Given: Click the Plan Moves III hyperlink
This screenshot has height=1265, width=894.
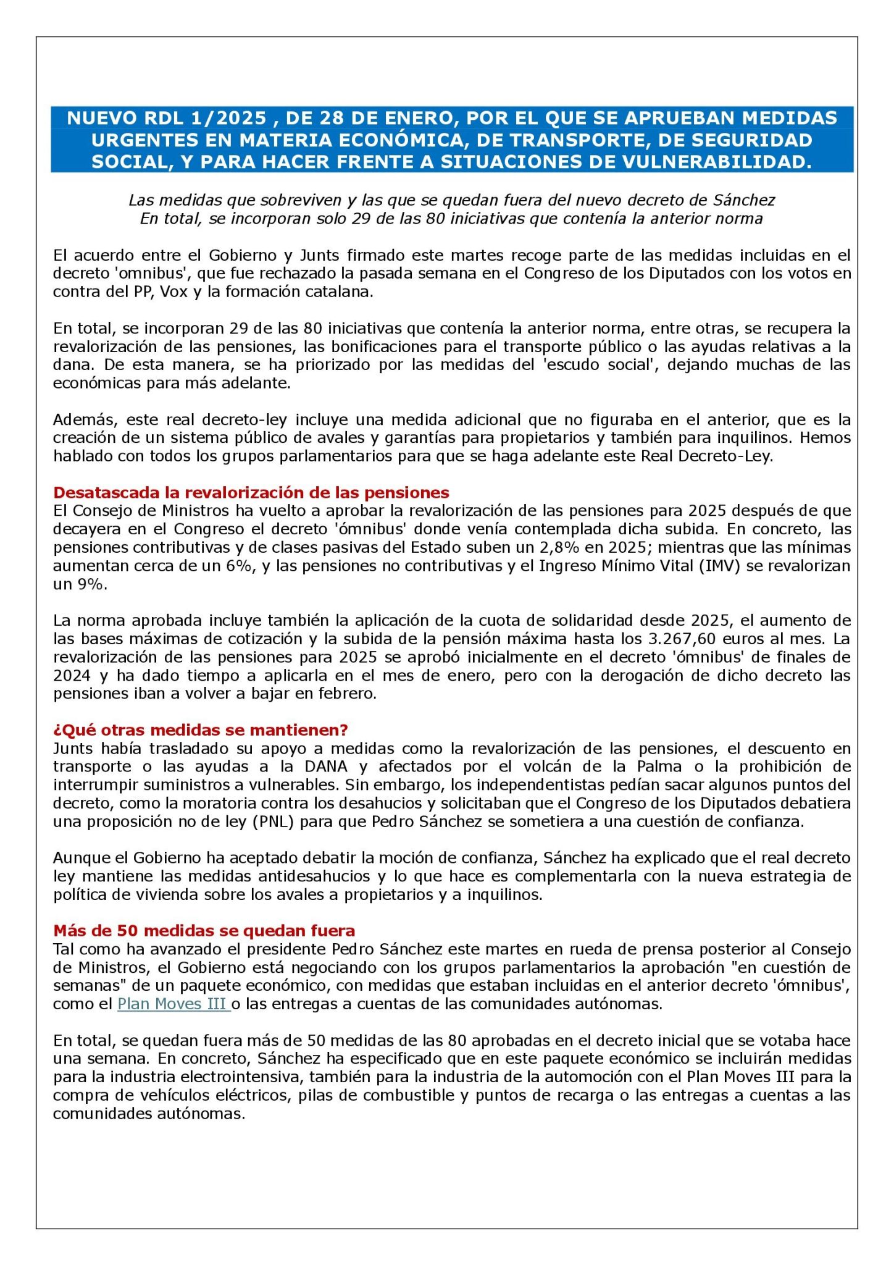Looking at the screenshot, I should click(173, 1004).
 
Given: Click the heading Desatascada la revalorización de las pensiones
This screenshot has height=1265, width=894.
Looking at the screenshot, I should click(251, 492).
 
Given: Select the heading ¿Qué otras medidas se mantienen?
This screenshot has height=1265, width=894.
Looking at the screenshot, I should click(200, 729).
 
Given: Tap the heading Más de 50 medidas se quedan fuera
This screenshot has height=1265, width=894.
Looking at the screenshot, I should click(204, 930).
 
